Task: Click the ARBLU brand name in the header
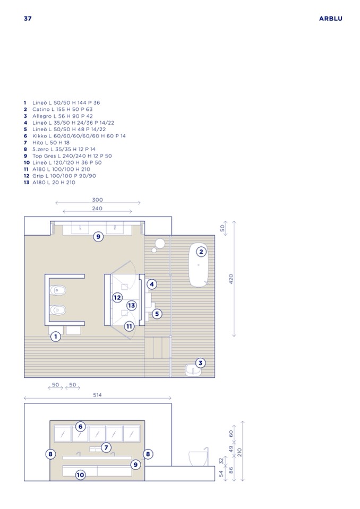[x=330, y=19]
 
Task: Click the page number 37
[x=28, y=19]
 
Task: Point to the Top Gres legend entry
[x=67, y=156]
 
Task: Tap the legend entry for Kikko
[x=75, y=136]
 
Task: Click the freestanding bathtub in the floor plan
[x=199, y=265]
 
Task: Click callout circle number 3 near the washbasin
[x=200, y=363]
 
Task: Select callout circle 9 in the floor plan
[x=98, y=237]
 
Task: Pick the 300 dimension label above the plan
[x=97, y=200]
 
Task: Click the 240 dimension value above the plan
[x=97, y=209]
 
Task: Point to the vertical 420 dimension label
[x=231, y=279]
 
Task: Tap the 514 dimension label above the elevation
[x=97, y=395]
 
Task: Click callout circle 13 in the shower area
[x=131, y=306]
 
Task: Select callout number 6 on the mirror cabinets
[x=81, y=427]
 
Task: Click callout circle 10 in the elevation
[x=80, y=475]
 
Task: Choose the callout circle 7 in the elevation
[x=106, y=447]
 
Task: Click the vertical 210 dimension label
[x=239, y=452]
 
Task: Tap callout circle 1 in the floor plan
[x=56, y=337]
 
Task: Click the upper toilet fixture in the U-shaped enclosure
[x=58, y=290]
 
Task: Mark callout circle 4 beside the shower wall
[x=152, y=284]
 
